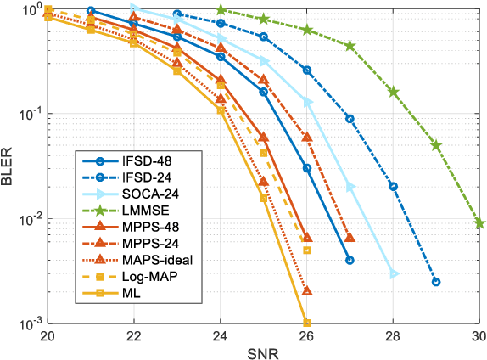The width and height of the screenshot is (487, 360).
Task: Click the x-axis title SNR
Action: click(263, 352)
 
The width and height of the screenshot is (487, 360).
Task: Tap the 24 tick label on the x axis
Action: click(221, 335)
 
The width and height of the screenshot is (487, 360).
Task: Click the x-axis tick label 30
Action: click(478, 335)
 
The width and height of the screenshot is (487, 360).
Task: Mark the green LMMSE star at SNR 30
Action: click(479, 222)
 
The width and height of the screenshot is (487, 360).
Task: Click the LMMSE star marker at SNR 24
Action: click(221, 9)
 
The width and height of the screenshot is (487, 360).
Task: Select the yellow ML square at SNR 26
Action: click(307, 323)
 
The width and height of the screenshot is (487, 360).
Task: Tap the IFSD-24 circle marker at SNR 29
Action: click(436, 282)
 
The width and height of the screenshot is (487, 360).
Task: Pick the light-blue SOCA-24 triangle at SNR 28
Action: click(394, 273)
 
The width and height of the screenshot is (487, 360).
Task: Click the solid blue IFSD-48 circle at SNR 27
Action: click(350, 260)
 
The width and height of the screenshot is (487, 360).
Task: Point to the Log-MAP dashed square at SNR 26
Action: click(307, 250)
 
